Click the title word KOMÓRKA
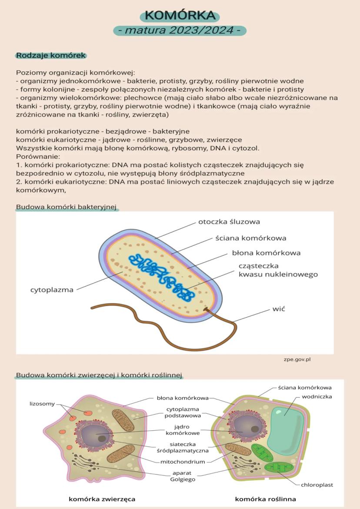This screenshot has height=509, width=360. pyautogui.click(x=180, y=16)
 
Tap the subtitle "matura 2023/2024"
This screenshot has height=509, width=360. pyautogui.click(x=180, y=31)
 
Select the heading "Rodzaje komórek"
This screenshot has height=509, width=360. pyautogui.click(x=51, y=56)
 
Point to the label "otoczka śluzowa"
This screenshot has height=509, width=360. pyautogui.click(x=229, y=221)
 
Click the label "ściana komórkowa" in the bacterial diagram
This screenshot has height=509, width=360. pyautogui.click(x=251, y=238)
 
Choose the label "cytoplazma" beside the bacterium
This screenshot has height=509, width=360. pyautogui.click(x=52, y=290)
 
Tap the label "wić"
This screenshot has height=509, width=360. pyautogui.click(x=278, y=308)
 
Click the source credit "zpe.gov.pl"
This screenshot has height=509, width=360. pyautogui.click(x=297, y=359)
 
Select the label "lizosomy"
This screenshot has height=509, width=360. pyautogui.click(x=42, y=403)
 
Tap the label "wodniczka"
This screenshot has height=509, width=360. pyautogui.click(x=317, y=396)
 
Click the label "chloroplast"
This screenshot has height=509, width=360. pyautogui.click(x=317, y=484)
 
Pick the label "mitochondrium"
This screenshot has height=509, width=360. pyautogui.click(x=183, y=462)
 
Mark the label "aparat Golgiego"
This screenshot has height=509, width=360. pyautogui.click(x=183, y=476)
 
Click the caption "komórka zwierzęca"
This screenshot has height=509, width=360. pyautogui.click(x=102, y=499)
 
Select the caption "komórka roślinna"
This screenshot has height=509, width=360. pyautogui.click(x=265, y=499)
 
